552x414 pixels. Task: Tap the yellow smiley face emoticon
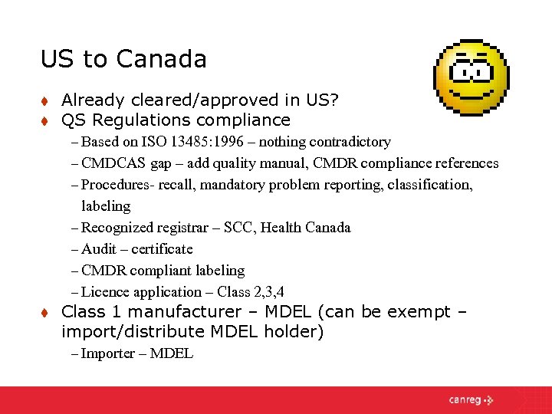[472, 77]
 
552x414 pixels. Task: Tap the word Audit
[99, 249]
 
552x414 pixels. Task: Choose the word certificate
[162, 249]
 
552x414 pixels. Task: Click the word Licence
[105, 292]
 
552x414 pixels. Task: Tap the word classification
[430, 185]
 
